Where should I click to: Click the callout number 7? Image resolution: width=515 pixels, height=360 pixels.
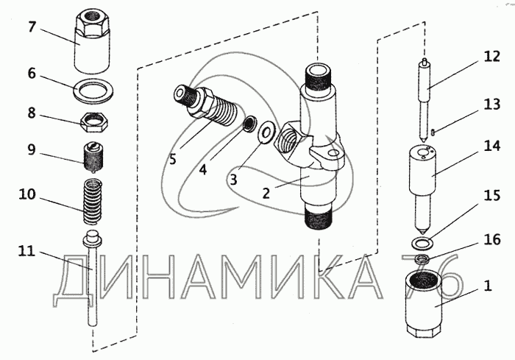[31, 27]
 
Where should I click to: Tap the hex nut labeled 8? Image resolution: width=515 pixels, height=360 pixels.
[93, 122]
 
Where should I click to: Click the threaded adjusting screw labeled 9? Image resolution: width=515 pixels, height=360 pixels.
[93, 157]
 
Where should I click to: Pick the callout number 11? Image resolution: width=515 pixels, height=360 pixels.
[26, 252]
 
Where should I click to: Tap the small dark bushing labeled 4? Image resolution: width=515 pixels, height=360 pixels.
[251, 124]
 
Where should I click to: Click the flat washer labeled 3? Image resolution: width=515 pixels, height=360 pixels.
[266, 133]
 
